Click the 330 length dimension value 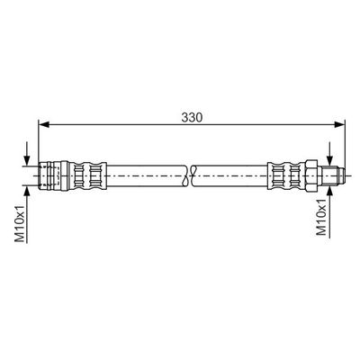tap(192, 118)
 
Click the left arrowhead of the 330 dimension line tap(44, 124)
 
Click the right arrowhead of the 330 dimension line tap(339, 124)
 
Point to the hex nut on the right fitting tap(312, 175)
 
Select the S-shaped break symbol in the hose tap(189, 175)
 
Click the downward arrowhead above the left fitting tap(27, 160)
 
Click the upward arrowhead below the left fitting tap(27, 191)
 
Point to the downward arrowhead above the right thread tap(330, 160)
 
